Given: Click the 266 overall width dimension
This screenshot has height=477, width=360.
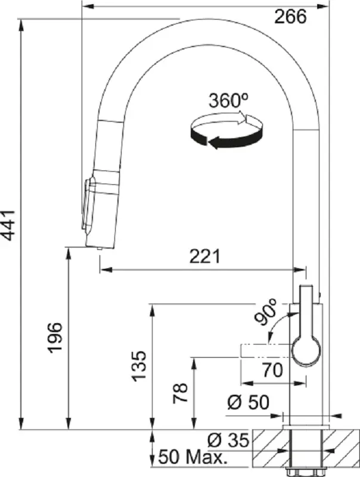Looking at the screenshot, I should (x=290, y=17).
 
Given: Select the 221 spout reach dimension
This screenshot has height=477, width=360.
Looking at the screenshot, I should (x=204, y=256).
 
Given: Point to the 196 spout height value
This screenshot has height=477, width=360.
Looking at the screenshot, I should (x=55, y=337).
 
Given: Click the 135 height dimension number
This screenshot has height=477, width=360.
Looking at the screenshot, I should (x=139, y=366).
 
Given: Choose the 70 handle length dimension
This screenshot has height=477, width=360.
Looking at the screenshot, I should (x=272, y=370).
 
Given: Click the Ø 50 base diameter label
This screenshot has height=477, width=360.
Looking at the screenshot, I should (x=248, y=404).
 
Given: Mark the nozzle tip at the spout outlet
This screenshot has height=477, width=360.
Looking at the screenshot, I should (x=98, y=248).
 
